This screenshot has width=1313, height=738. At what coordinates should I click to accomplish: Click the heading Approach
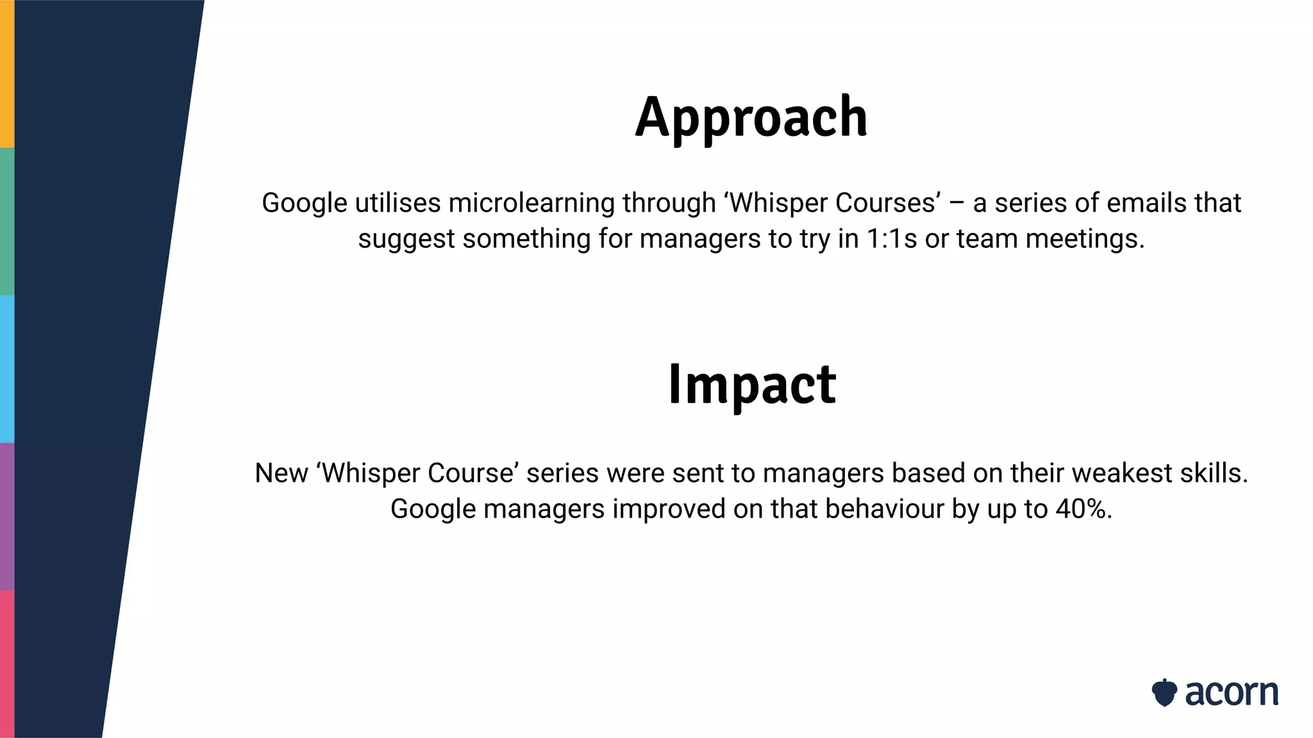coord(751,118)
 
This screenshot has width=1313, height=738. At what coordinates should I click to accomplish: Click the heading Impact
coord(751,384)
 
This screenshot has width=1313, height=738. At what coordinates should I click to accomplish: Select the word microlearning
coord(531,203)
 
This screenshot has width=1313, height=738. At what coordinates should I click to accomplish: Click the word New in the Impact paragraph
coord(281,473)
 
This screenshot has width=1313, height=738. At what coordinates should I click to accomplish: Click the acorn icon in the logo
coord(1164,693)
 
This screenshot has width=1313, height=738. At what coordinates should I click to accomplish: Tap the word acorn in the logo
coord(1231,693)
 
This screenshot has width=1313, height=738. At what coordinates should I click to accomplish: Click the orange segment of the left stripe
coord(7,74)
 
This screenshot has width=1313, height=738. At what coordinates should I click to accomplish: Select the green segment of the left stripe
coord(7,221)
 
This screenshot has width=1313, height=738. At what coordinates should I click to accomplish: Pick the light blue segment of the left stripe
coord(7,368)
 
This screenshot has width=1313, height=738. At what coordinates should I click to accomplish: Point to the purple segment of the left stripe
coord(7,516)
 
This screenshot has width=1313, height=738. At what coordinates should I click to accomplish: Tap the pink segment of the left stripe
coord(7,664)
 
